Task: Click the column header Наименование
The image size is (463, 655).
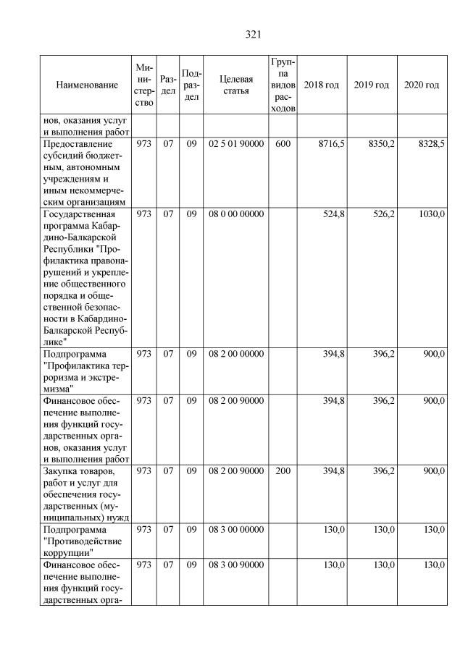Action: coord(86,85)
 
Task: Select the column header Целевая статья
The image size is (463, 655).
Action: coord(235,85)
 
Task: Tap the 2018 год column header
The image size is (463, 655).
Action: coord(321,85)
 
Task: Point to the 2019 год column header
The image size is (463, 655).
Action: coord(371,85)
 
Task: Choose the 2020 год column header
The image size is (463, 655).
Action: coord(421,85)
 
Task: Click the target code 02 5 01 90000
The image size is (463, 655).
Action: coord(235,145)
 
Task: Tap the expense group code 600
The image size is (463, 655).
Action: coord(283,145)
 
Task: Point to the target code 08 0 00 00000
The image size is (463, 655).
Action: coord(235,214)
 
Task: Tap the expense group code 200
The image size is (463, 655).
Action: coord(283,471)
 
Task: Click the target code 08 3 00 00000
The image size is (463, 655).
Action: coord(235,530)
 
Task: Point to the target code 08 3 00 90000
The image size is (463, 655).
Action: coord(235,565)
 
